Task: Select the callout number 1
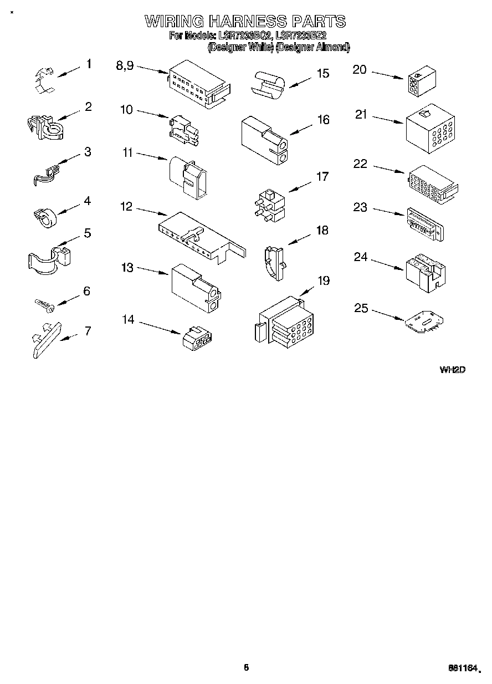tap(89, 64)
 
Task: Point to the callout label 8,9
tap(125, 65)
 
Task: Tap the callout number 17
tap(322, 177)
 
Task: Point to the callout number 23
tap(360, 207)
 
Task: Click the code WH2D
tap(452, 369)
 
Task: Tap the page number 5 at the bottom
tap(246, 668)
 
